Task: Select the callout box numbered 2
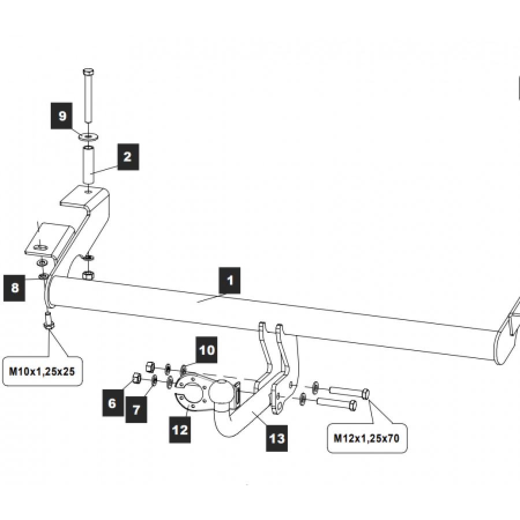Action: [x=127, y=157]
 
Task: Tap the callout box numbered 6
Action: [x=113, y=403]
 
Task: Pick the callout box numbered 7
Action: [x=136, y=410]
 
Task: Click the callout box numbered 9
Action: [x=62, y=116]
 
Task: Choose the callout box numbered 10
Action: [x=207, y=350]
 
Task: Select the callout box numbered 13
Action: [x=277, y=439]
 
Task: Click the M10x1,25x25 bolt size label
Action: [x=42, y=372]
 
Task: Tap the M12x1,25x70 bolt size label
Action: [x=366, y=438]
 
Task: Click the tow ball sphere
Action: [x=221, y=392]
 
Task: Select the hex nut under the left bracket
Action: [x=88, y=274]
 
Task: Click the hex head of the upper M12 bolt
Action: [x=366, y=394]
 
